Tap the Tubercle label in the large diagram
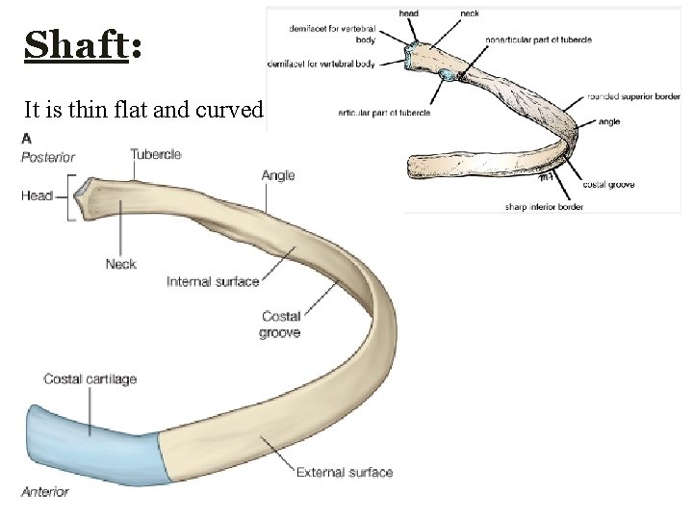click(x=155, y=154)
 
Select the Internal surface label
click(x=213, y=281)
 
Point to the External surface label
click(x=344, y=472)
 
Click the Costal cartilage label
click(x=90, y=378)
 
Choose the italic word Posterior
click(x=48, y=157)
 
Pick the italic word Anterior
click(x=45, y=491)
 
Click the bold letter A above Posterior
click(x=26, y=138)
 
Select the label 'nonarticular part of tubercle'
click(x=538, y=39)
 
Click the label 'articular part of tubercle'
click(x=383, y=113)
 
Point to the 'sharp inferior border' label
click(x=543, y=206)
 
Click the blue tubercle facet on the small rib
click(x=448, y=74)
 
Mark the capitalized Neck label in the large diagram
click(x=121, y=264)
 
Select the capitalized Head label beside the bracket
click(x=37, y=195)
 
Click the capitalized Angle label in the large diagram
click(x=278, y=175)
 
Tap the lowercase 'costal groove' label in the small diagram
click(x=608, y=184)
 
